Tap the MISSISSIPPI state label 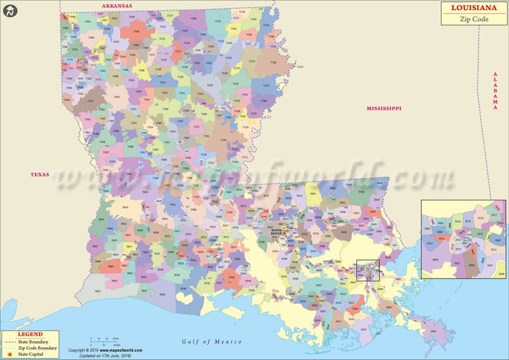(384, 109)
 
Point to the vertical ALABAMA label (495, 91)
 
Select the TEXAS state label (41, 174)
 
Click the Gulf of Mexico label (212, 342)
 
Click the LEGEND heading (30, 335)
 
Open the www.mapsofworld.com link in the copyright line (120, 350)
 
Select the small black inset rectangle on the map (368, 270)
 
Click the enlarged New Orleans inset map (464, 239)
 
